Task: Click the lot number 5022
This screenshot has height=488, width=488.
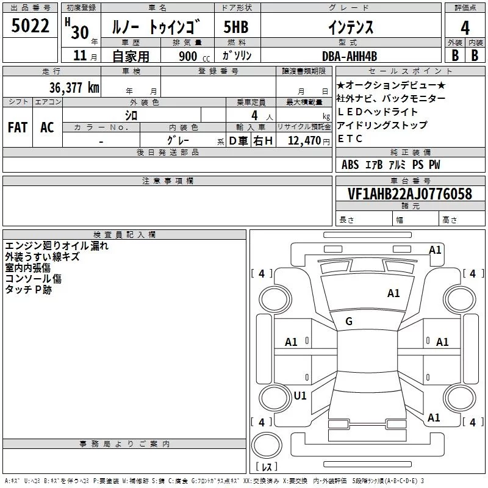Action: (x=30, y=26)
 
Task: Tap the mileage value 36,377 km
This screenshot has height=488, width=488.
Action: (x=74, y=87)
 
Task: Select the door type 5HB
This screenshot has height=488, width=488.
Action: (x=236, y=27)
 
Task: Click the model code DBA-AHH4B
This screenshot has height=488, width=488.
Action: (x=350, y=56)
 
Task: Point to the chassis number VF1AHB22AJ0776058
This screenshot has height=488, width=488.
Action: (x=410, y=193)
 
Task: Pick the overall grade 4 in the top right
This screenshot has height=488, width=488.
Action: (x=465, y=28)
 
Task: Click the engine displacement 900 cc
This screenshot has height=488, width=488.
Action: (x=194, y=57)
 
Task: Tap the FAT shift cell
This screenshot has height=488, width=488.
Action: (x=18, y=127)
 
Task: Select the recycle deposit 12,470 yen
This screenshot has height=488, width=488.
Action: (x=309, y=141)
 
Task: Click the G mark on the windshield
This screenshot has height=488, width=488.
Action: (x=349, y=321)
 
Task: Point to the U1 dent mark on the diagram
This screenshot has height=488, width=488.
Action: (x=300, y=395)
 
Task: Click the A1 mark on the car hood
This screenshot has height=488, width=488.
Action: (x=393, y=293)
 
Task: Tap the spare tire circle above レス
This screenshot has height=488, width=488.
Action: (x=267, y=445)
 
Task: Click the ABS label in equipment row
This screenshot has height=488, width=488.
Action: (x=350, y=165)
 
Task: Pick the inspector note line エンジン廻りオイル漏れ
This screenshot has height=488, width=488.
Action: (x=57, y=246)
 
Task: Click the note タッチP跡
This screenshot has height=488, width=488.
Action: (x=28, y=290)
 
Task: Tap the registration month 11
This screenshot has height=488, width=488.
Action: (x=80, y=56)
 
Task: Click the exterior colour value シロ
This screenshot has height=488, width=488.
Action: (x=131, y=115)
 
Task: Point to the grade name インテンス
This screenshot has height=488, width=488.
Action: (x=351, y=27)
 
